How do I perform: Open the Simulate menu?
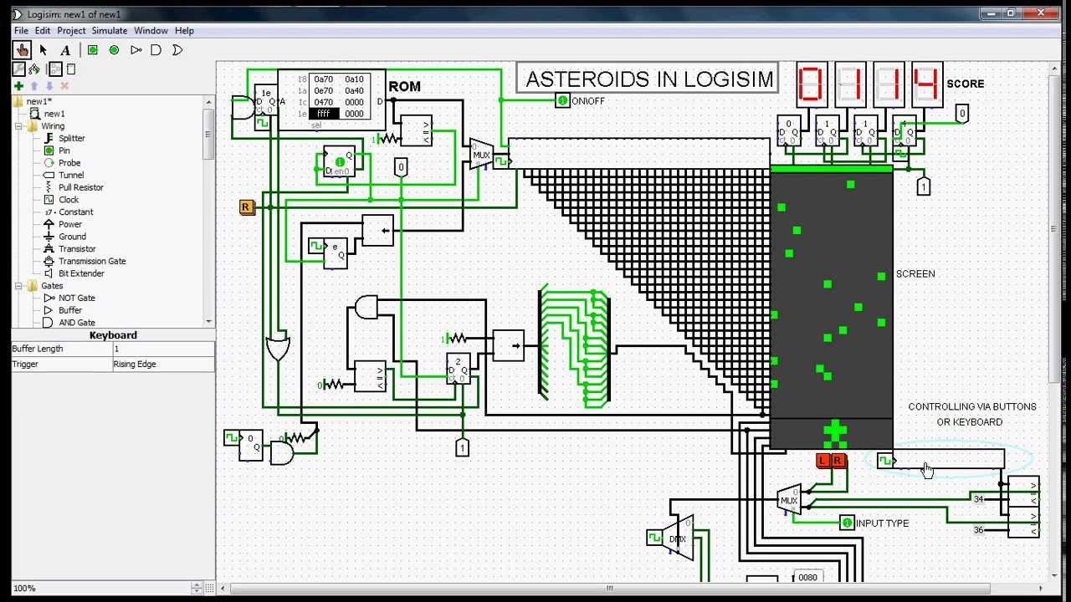point(110,31)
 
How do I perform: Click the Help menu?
point(184,31)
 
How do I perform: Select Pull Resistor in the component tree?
point(80,187)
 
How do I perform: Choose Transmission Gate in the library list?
point(92,261)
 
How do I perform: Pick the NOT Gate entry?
point(76,298)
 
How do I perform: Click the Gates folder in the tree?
point(52,286)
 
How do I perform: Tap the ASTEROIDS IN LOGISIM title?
point(648,79)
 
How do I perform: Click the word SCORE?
point(965,84)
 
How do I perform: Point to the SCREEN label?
point(915,274)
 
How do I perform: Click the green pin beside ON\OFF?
point(562,101)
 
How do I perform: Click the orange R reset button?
point(245,207)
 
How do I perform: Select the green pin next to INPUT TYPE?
point(847,523)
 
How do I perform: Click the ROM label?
point(404,87)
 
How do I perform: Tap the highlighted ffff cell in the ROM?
point(324,114)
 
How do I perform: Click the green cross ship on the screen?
point(834,432)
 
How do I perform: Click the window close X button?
point(1041,13)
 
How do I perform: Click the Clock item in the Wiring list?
point(69,200)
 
